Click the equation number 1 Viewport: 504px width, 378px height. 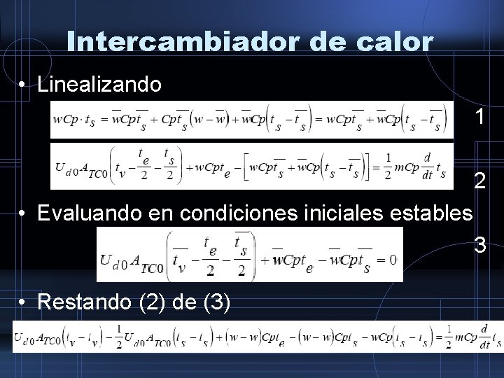click(479, 117)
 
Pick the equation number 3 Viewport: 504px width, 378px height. click(480, 246)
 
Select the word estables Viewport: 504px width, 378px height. click(433, 212)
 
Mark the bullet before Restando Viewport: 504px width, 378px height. click(24, 303)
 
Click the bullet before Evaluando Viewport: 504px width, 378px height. click(24, 212)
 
